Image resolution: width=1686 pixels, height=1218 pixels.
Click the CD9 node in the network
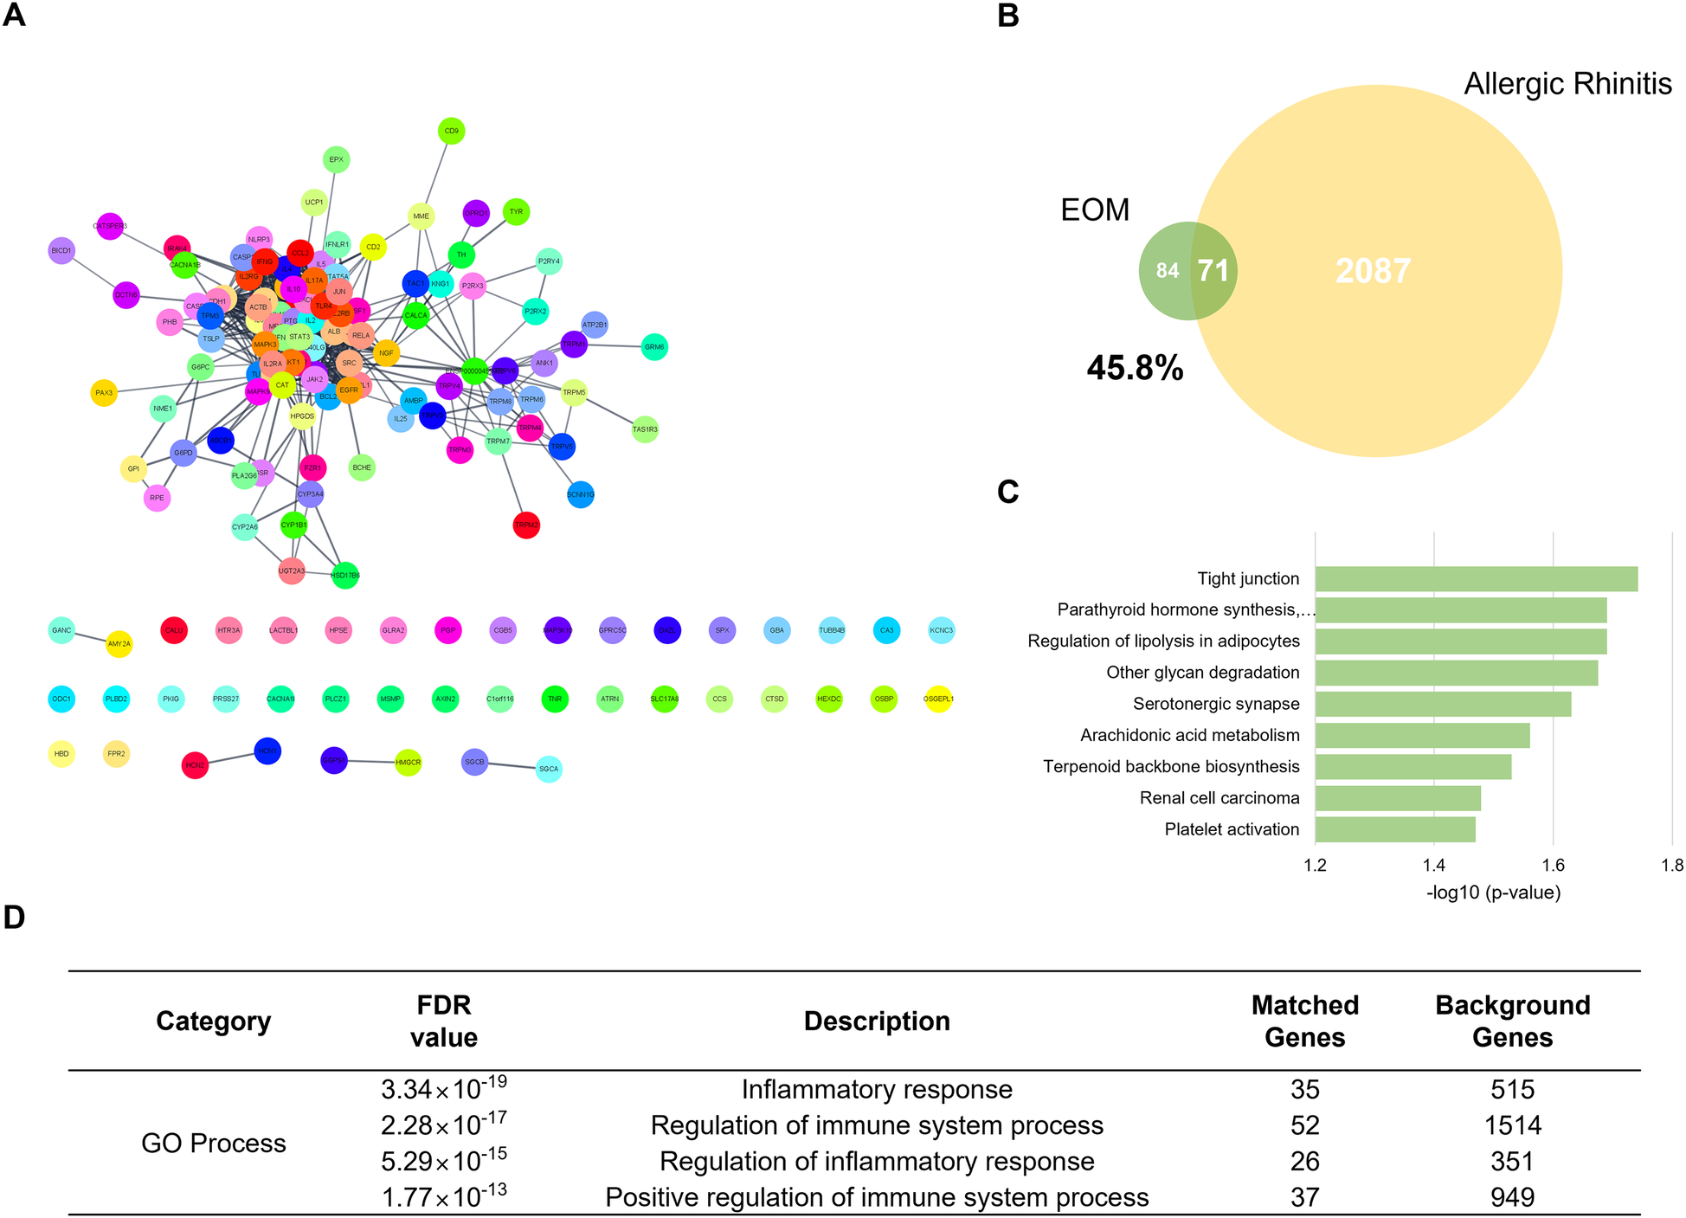[x=452, y=132]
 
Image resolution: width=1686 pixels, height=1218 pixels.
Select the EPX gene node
[x=336, y=159]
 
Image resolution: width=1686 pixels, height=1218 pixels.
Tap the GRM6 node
[x=655, y=347]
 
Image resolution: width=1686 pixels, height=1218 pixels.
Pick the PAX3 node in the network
[x=104, y=393]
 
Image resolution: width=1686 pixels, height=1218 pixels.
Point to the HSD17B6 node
[x=345, y=576]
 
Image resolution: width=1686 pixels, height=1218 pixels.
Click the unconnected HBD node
[x=61, y=754]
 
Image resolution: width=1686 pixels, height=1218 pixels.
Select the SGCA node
[x=549, y=769]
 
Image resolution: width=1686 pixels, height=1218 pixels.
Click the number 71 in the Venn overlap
[x=1213, y=271]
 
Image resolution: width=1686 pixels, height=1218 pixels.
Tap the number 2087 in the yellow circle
[x=1374, y=271]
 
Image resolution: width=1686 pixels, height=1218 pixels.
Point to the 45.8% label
[x=1135, y=369]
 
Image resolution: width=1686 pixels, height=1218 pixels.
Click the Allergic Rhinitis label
[x=1567, y=84]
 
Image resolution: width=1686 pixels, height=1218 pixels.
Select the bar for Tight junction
[x=1476, y=579]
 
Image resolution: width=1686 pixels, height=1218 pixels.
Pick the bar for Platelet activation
[x=1395, y=829]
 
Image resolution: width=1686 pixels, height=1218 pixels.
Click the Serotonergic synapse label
[x=1216, y=704]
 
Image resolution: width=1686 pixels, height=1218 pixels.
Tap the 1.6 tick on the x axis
[x=1553, y=865]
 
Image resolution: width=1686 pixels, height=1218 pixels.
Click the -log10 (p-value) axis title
[x=1493, y=893]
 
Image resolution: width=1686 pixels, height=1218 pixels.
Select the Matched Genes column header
[x=1304, y=1021]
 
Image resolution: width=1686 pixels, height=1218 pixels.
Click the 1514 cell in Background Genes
[x=1512, y=1125]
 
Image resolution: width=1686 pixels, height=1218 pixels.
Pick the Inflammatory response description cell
[x=877, y=1089]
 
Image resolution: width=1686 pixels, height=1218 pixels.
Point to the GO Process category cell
[x=214, y=1143]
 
